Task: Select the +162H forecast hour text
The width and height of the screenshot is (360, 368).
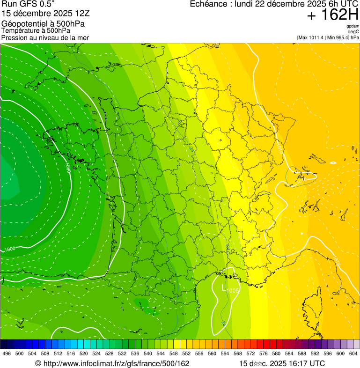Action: [x=333, y=15]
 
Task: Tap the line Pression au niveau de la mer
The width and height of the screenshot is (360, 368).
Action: [x=45, y=37]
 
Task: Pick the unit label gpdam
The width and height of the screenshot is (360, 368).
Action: [x=353, y=26]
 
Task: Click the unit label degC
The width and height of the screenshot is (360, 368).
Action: [x=353, y=32]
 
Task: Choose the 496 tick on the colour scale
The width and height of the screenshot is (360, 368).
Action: [x=6, y=353]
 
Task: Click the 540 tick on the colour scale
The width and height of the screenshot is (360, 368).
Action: [x=147, y=353]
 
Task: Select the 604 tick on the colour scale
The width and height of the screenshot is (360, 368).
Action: [x=353, y=353]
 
